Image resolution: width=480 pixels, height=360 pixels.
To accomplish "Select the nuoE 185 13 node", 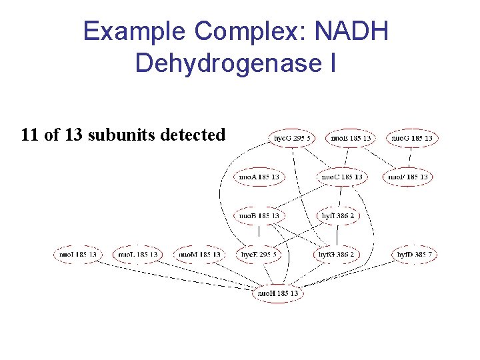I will coord(351,139).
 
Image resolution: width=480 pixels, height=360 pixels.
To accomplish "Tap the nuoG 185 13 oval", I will coord(411,139).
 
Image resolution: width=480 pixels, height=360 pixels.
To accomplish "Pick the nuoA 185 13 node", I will coord(259,177).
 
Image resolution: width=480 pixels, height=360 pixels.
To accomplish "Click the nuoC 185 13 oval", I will coord(342,177).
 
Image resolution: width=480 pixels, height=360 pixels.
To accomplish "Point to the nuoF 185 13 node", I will coord(407,177).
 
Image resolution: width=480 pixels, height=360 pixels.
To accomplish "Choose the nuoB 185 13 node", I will coord(259,215).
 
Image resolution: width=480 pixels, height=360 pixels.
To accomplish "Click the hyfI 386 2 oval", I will coord(338,215).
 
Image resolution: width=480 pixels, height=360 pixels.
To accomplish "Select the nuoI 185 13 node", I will coord(77,254).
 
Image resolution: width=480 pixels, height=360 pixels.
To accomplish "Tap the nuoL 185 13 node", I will coord(137,254).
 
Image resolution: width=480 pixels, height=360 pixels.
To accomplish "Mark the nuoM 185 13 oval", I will coord(198,254).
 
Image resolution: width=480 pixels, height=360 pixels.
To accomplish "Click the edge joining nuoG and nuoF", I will coord(409,157).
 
